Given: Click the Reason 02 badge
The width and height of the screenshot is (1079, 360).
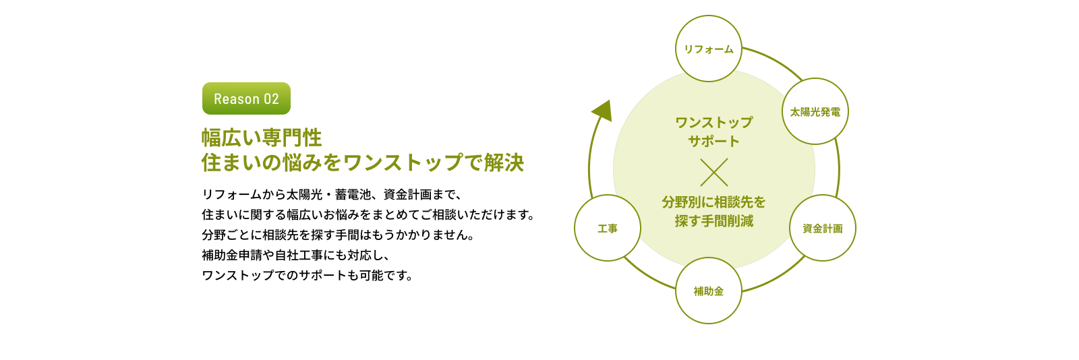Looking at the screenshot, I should (x=246, y=98).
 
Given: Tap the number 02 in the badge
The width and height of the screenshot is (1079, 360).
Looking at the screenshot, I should (x=271, y=99).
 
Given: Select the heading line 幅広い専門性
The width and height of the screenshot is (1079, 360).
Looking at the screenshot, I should (x=262, y=138).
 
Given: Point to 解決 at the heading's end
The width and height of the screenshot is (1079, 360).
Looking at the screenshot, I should (x=504, y=162).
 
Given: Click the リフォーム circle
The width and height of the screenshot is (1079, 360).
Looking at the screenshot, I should (x=708, y=49).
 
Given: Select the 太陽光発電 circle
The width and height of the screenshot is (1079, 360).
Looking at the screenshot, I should (x=815, y=111).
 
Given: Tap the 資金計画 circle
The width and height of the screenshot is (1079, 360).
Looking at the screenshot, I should (x=822, y=228).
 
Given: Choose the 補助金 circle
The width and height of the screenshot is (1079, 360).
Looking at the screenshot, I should (x=708, y=291).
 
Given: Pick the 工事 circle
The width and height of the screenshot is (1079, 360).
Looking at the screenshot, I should (x=607, y=228).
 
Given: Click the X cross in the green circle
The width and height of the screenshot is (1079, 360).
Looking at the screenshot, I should (x=713, y=172).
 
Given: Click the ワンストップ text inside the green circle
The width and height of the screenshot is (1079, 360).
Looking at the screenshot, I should (x=713, y=122).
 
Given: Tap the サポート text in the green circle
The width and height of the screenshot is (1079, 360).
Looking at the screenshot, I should (x=713, y=141).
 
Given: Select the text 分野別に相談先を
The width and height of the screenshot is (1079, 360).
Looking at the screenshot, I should (x=713, y=202).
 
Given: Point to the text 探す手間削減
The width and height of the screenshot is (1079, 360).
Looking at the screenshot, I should (x=713, y=220).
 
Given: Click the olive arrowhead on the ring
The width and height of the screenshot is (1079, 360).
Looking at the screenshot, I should (x=602, y=110).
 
